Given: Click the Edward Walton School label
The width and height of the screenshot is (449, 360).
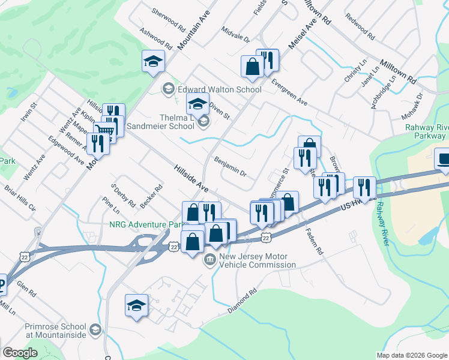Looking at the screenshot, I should pos(219,89).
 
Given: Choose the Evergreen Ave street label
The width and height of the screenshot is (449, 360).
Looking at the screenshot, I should pos(289,92).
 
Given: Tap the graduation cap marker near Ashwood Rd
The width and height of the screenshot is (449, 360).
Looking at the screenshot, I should pos(153,61).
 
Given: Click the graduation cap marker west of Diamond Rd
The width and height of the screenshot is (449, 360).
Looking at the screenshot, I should pos(136,305).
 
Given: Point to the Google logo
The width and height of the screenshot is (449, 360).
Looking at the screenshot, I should pos(20,353).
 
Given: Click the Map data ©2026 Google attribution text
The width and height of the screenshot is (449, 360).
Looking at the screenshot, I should pos(411,355).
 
